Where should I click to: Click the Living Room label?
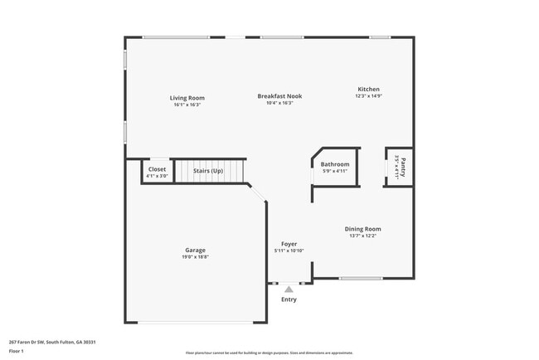[187, 97]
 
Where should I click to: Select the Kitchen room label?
[368, 89]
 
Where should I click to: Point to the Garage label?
[196, 250]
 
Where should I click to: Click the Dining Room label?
[362, 229]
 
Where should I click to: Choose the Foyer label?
[289, 244]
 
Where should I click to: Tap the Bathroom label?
[335, 164]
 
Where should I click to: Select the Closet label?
[157, 168]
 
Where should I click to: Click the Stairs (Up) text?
[208, 171]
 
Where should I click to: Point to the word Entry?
[289, 299]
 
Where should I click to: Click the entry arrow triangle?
[289, 289]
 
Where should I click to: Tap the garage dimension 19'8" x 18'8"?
[196, 257]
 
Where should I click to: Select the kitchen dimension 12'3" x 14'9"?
[368, 96]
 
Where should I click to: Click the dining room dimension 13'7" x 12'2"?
[362, 236]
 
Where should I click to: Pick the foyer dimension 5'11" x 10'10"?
[289, 251]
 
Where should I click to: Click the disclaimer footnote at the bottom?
[269, 353]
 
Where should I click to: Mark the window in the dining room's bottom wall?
[361, 279]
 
